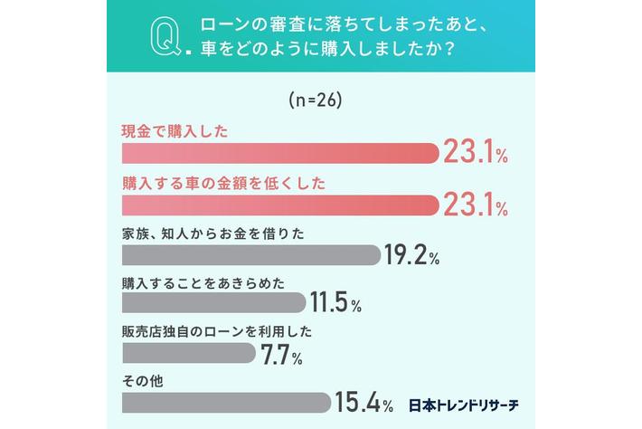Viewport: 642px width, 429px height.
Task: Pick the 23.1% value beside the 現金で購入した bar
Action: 475,155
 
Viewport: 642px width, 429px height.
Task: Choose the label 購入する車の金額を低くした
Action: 223,183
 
